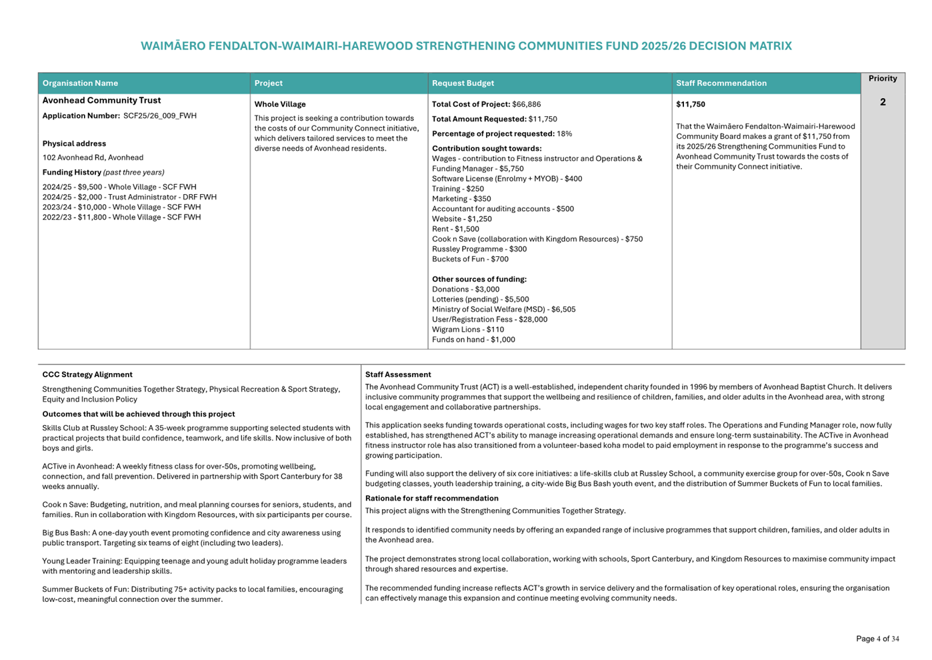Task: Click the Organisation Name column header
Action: click(x=80, y=83)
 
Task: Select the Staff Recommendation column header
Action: click(x=721, y=83)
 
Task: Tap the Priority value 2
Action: click(x=882, y=102)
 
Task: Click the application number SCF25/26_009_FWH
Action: click(x=160, y=116)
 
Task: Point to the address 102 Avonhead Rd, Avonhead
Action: click(x=93, y=158)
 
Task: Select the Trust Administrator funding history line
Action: click(x=129, y=198)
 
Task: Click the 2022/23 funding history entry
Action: click(x=121, y=218)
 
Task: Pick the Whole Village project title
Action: click(x=280, y=105)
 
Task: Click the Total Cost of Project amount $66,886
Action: click(x=526, y=105)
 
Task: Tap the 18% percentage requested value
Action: click(x=564, y=134)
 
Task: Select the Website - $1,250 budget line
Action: click(x=461, y=220)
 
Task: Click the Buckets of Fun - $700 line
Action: click(x=470, y=260)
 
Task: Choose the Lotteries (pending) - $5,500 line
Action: click(x=480, y=300)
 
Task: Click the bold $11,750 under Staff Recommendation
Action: click(x=690, y=105)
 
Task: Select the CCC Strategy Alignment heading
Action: click(x=87, y=375)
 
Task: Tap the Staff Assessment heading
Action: click(x=397, y=375)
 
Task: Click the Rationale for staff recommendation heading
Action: click(x=431, y=499)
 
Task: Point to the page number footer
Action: click(x=877, y=639)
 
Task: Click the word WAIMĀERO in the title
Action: click(x=172, y=47)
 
